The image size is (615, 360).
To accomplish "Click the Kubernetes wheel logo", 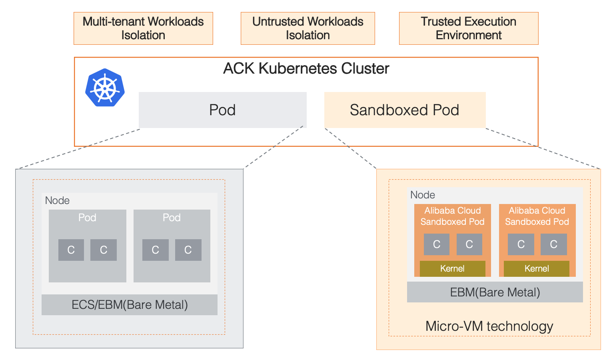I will coord(105,88).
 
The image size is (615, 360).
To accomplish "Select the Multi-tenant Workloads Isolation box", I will coord(143,28).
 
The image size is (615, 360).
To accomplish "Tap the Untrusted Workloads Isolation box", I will coord(307,28).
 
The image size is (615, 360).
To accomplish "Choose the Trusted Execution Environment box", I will coord(468,28).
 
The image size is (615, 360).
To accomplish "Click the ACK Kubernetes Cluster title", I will coord(306,69).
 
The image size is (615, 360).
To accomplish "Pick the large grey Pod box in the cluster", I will coord(222,110).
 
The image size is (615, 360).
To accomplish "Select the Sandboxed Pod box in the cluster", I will coord(405,110).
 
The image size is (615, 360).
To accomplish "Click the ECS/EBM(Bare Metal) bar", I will coord(130,305).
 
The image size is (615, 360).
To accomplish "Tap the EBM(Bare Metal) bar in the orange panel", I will coord(495,292).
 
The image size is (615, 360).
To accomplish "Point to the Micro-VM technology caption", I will coord(489,326).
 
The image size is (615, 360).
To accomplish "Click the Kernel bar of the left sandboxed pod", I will coord(452,268).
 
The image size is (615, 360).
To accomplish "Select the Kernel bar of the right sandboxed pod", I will coord(537,268).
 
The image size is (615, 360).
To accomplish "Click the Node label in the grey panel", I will coord(57,200).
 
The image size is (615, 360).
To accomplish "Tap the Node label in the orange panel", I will coord(423,195).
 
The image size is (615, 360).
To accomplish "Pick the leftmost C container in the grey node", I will coord(71,250).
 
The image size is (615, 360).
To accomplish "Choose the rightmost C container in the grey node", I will coord(188,250).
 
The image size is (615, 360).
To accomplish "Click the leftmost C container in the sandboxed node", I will coord(437,244).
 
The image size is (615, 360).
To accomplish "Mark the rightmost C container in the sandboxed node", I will coord(553,244).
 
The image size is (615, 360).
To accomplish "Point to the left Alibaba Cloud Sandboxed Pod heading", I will coord(452,216).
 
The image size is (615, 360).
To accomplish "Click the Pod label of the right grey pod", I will coord(172,218).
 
